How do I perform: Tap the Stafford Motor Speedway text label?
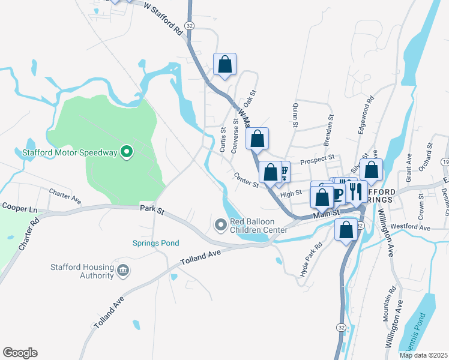pos(70,152)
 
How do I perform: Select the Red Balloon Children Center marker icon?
pos(220,224)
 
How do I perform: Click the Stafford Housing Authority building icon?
pos(124,271)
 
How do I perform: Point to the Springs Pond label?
pos(156,243)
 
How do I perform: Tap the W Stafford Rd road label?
pos(164,19)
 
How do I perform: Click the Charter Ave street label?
pos(65,194)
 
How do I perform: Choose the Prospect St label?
pos(317,159)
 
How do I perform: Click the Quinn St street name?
pos(295,114)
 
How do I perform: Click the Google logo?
pos(20,353)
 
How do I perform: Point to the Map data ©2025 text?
pos(423,355)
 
